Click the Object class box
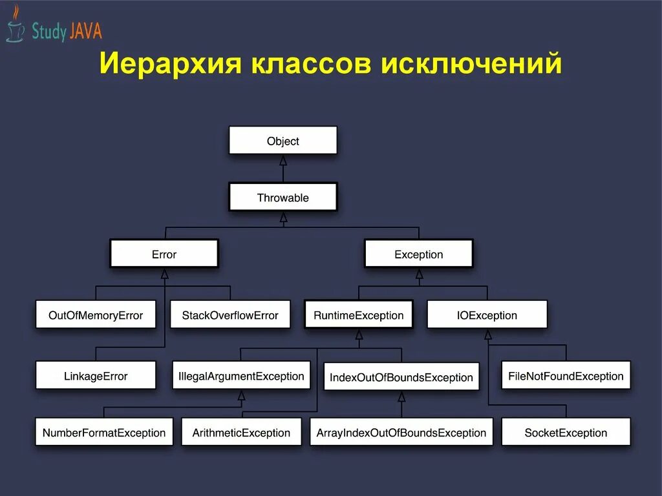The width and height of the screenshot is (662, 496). (283, 141)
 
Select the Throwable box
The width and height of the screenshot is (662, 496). (283, 198)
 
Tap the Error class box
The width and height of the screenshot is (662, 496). (164, 254)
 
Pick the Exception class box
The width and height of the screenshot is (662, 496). (418, 254)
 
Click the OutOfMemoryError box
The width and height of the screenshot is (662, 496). (96, 315)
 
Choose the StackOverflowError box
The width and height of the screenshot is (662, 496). (230, 315)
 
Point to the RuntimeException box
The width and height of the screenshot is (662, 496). (358, 315)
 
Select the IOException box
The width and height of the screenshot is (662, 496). (487, 315)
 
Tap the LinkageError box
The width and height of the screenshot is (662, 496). (96, 376)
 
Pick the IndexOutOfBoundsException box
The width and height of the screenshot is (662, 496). (401, 377)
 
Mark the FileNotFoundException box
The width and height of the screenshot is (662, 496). (566, 376)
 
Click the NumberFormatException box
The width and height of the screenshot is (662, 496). (104, 433)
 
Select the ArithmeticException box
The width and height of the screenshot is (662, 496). (241, 433)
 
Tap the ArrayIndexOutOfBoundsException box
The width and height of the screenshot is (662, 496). (401, 433)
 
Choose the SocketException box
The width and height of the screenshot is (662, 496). (566, 433)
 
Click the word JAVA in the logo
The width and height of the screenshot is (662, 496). (86, 31)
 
